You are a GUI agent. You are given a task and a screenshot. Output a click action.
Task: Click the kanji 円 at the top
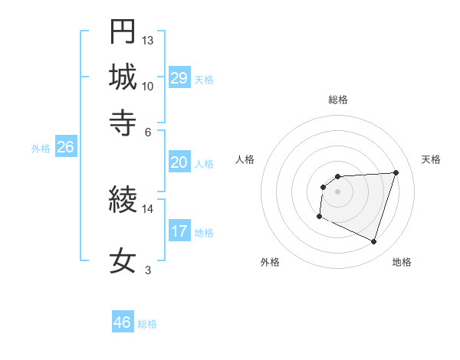[x=123, y=31]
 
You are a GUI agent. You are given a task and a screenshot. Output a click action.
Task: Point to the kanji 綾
[x=123, y=201]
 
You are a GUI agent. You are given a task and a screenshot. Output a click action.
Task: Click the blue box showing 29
[x=179, y=78]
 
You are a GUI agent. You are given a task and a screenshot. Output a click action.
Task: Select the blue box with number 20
[x=179, y=162]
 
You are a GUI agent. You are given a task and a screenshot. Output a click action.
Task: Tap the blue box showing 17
[x=179, y=231]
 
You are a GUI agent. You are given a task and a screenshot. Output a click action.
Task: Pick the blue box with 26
[x=65, y=148]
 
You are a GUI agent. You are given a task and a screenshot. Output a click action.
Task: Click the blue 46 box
[x=123, y=322]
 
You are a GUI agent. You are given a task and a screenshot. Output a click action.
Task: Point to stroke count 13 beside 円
[x=148, y=39]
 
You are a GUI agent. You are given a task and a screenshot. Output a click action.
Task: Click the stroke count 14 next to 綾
[x=148, y=208]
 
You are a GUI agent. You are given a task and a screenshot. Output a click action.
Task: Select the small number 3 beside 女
[x=148, y=270]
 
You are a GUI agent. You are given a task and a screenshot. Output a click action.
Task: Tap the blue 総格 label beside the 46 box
[x=148, y=324]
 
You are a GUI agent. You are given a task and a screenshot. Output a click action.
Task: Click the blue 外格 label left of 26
[x=41, y=149]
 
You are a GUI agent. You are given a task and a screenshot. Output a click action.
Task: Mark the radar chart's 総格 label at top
[x=337, y=100]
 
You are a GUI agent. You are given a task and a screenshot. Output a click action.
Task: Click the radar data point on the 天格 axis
[x=396, y=172]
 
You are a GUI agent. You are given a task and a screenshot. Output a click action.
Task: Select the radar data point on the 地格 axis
[x=373, y=242]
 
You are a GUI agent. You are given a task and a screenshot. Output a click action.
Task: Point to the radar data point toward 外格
[x=319, y=217]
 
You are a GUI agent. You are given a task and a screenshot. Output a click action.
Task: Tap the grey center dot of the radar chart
[x=337, y=191]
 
